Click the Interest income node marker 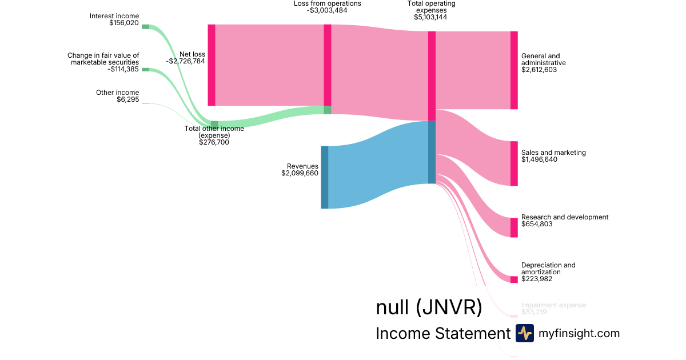[x=145, y=26]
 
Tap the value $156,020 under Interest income [x=123, y=23]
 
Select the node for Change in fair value [x=145, y=70]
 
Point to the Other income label [x=117, y=93]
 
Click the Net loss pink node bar [x=212, y=65]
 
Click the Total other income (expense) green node [x=214, y=125]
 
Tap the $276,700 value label [x=214, y=142]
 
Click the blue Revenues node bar [x=324, y=177]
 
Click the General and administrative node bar [x=514, y=70]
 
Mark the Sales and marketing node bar [x=514, y=163]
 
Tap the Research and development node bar [x=514, y=227]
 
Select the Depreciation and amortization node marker [x=514, y=279]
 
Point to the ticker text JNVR [x=448, y=307]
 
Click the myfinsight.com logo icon [x=524, y=333]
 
